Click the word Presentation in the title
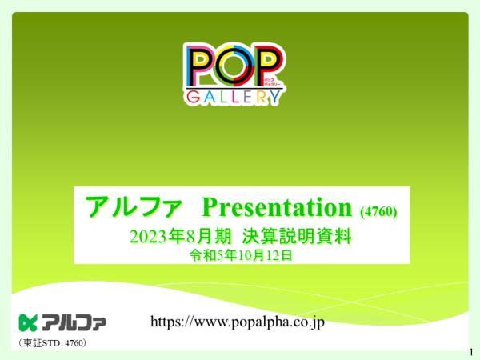pos(277,208)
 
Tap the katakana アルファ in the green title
pos(134,207)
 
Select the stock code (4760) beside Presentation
pos(378,211)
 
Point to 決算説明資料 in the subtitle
pos(297,237)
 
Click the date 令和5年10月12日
pos(241,255)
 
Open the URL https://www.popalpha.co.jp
pos(238,322)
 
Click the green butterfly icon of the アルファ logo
pos(28,322)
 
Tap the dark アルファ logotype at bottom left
pos(74,322)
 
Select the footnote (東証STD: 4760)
pos(52,343)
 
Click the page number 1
pos(471,352)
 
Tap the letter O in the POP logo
pos(234,66)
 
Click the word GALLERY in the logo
pos(234,97)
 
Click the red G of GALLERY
pos(194,97)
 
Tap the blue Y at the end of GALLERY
pos(274,97)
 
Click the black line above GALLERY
pos(234,89)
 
